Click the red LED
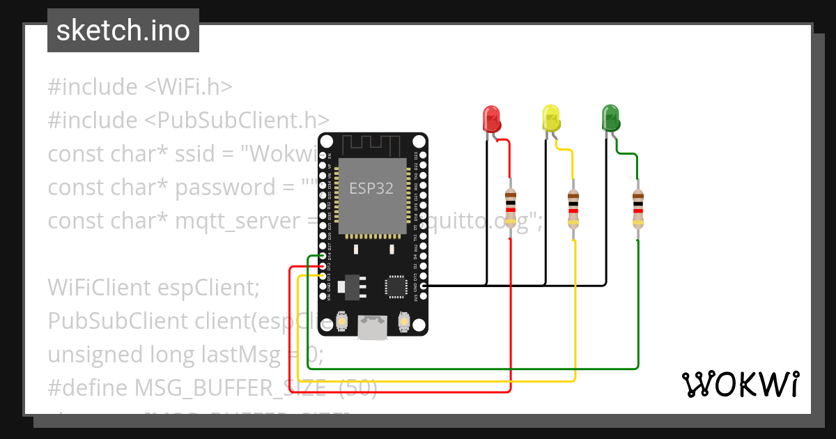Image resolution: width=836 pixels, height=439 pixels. pyautogui.click(x=491, y=118)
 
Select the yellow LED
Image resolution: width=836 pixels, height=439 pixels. pyautogui.click(x=551, y=118)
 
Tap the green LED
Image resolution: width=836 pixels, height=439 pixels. pyautogui.click(x=610, y=118)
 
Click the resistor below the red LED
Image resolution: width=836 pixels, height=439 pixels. pyautogui.click(x=511, y=208)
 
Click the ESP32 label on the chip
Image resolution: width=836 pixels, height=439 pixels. pyautogui.click(x=371, y=188)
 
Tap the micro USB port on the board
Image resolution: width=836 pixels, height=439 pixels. pyautogui.click(x=372, y=328)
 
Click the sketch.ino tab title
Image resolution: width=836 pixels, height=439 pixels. pyautogui.click(x=123, y=31)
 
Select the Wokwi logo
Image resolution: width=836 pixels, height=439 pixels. pyautogui.click(x=741, y=383)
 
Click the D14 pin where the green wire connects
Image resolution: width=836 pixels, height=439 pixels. pyautogui.click(x=322, y=256)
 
